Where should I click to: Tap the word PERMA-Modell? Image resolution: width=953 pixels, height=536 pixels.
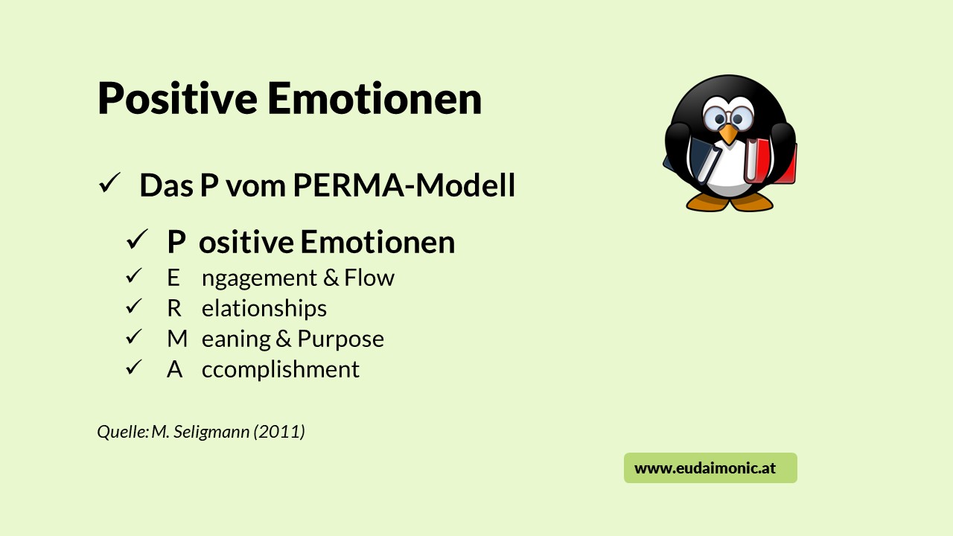tap(404, 185)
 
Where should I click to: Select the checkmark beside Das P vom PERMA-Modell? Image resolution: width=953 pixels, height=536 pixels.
tap(109, 183)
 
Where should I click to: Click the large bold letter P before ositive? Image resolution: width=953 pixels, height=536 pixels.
tap(176, 243)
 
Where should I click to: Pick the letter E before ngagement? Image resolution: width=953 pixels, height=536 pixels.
tap(173, 278)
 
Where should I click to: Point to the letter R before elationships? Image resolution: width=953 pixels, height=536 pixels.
tap(174, 308)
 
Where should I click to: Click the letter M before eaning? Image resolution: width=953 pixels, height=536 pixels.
tap(177, 339)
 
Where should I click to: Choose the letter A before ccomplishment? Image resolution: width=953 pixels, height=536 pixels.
tap(174, 369)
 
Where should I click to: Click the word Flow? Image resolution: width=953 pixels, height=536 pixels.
tap(369, 278)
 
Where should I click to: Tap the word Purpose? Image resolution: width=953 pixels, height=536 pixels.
tap(340, 339)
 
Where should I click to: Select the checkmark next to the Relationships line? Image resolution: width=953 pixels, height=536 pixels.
tap(134, 306)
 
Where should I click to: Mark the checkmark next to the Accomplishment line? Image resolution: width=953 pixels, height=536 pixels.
tap(134, 367)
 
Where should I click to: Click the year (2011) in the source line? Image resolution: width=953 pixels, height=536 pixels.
tap(279, 432)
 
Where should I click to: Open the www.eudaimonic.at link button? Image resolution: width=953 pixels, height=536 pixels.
tap(710, 468)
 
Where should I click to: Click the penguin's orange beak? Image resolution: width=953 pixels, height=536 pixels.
tap(727, 134)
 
